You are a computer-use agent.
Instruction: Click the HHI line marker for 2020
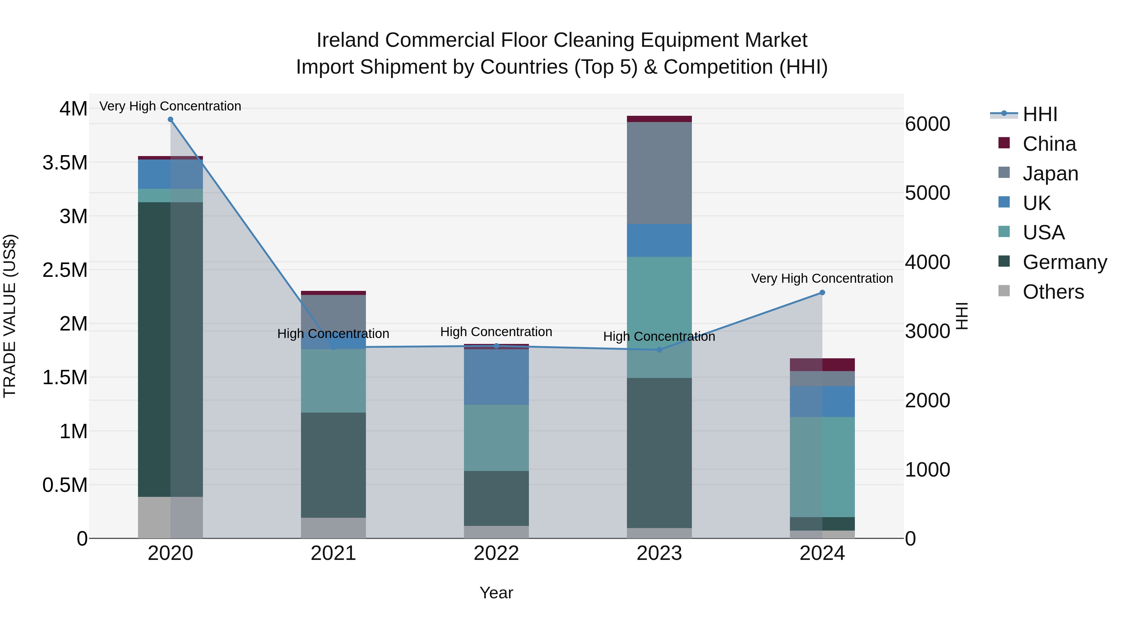pyautogui.click(x=170, y=120)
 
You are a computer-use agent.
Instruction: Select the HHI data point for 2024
pyautogui.click(x=822, y=293)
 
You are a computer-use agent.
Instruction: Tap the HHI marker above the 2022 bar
pyautogui.click(x=496, y=346)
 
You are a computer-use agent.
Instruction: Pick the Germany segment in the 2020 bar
pyautogui.click(x=170, y=349)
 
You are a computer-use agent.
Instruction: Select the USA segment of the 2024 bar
pyautogui.click(x=822, y=467)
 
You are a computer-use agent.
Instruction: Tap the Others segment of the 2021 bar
pyautogui.click(x=333, y=528)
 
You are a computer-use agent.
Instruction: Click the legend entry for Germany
pyautogui.click(x=1064, y=262)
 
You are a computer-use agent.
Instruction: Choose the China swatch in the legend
pyautogui.click(x=1004, y=143)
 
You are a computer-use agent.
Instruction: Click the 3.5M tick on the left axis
pyautogui.click(x=65, y=163)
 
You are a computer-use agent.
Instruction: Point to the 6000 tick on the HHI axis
pyautogui.click(x=927, y=124)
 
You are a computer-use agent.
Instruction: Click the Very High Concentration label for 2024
pyautogui.click(x=822, y=278)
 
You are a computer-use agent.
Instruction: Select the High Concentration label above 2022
pyautogui.click(x=496, y=332)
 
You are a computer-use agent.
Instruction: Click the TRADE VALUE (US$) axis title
pyautogui.click(x=10, y=316)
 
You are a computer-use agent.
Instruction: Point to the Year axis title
pyautogui.click(x=496, y=593)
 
